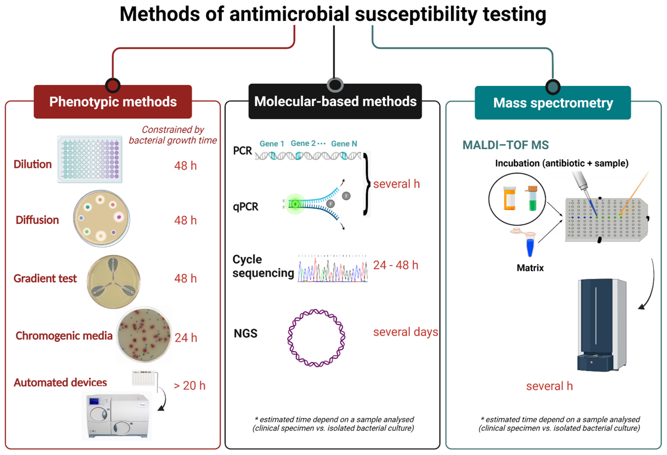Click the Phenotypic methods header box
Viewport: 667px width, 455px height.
[113, 102]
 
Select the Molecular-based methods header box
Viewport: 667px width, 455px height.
[335, 101]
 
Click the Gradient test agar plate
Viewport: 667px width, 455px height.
[114, 282]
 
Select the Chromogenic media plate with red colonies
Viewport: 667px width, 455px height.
[144, 335]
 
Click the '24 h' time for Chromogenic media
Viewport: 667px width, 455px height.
[186, 338]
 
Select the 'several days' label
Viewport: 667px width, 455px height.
[405, 332]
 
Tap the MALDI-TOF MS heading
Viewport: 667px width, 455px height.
[505, 145]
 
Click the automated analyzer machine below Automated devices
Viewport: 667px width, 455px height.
[117, 416]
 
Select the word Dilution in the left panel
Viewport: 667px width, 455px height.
[33, 164]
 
